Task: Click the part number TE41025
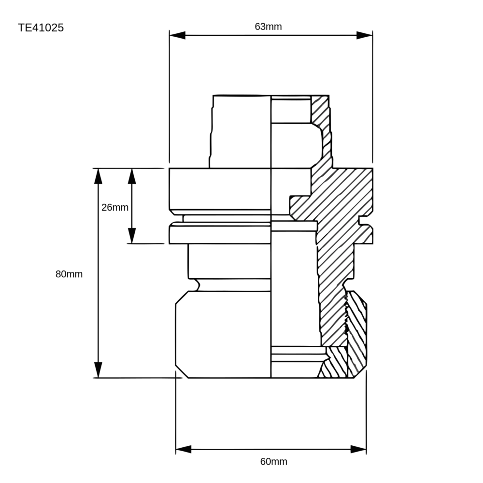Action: point(41,28)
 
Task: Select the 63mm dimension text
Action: point(268,27)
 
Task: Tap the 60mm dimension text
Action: point(273,461)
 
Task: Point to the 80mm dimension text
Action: point(69,274)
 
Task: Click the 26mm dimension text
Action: point(115,207)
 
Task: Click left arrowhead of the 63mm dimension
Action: point(177,35)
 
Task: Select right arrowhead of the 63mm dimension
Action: point(364,35)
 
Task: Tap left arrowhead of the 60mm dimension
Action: point(184,449)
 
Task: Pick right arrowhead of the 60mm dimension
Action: point(358,449)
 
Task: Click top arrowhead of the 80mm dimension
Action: point(98,176)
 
